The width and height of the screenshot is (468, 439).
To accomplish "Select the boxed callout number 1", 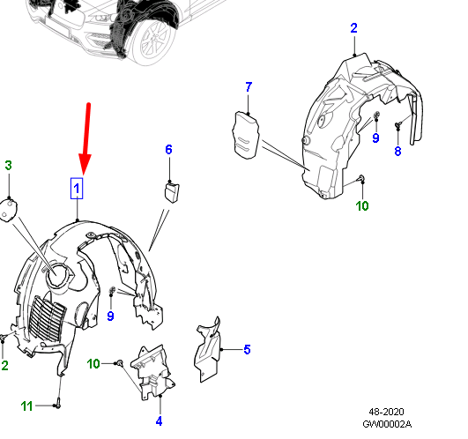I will (x=78, y=189).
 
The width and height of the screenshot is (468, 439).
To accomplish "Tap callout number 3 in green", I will (x=8, y=166).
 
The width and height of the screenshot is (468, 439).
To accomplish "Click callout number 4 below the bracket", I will (x=159, y=420).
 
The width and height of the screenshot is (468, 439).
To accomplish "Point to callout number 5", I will (x=247, y=350).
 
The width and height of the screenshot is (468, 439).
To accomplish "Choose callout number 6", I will (x=168, y=150).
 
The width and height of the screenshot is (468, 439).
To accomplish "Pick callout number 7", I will (x=248, y=86).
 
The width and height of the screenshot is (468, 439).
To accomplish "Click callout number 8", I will (x=397, y=151).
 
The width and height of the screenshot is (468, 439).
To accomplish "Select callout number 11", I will (x=27, y=406).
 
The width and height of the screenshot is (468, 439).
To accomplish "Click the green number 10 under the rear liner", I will (x=362, y=206).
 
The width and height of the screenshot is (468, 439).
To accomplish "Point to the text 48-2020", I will (x=387, y=412).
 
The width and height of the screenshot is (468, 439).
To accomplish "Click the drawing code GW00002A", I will (x=387, y=424).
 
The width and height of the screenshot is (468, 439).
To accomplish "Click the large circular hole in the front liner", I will (x=59, y=275).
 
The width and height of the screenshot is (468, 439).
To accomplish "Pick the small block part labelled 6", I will (x=173, y=190).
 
